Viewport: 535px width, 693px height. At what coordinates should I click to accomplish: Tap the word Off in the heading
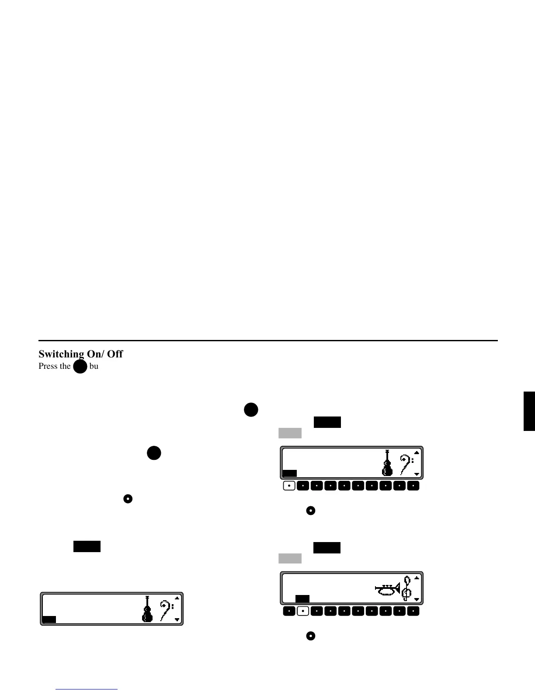(x=115, y=354)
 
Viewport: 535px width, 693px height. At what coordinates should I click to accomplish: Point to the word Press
(x=49, y=366)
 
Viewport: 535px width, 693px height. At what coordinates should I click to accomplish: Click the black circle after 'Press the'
(x=80, y=366)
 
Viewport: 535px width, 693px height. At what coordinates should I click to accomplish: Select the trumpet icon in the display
(x=388, y=590)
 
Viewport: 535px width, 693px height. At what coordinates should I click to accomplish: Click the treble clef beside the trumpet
(x=407, y=588)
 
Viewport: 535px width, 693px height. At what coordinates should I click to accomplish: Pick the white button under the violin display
(x=289, y=486)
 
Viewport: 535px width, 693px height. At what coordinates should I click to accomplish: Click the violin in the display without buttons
(x=147, y=609)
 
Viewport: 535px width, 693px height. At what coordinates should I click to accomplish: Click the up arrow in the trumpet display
(x=417, y=577)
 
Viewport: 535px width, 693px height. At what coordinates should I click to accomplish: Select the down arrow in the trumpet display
(x=417, y=599)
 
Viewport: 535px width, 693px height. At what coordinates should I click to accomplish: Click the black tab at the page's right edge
(x=529, y=411)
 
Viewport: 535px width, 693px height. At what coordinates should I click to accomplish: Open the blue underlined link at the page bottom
(x=87, y=689)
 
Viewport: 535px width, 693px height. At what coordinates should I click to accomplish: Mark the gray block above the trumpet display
(x=290, y=558)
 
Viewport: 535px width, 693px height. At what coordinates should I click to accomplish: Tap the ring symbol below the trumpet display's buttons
(x=310, y=636)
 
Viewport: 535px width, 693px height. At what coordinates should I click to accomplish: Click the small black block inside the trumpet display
(x=302, y=598)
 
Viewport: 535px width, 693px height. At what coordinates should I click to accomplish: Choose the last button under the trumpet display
(x=413, y=611)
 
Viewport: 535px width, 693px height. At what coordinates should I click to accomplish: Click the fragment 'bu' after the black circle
(x=94, y=366)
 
